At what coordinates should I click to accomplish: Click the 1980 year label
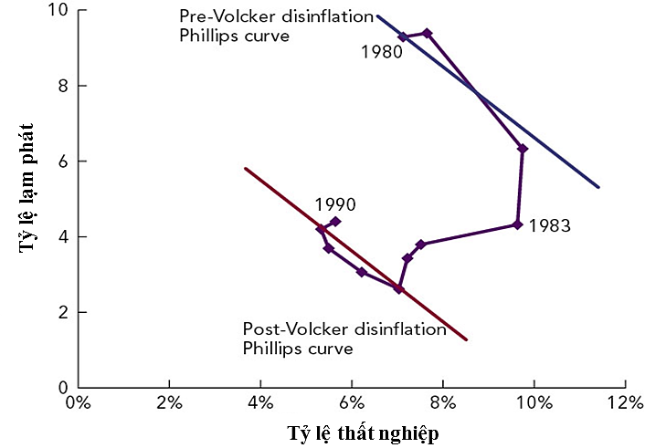point(381,53)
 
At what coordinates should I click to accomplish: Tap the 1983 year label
point(549,225)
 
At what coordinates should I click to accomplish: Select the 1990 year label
point(335,205)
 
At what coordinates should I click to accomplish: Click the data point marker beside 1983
point(517,224)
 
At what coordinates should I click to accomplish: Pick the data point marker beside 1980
point(403,37)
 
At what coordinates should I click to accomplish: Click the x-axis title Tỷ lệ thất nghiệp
point(363,432)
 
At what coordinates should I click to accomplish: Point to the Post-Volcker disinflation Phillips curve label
point(344,339)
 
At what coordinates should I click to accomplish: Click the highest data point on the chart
point(427,33)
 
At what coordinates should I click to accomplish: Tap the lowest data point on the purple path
point(398,288)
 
